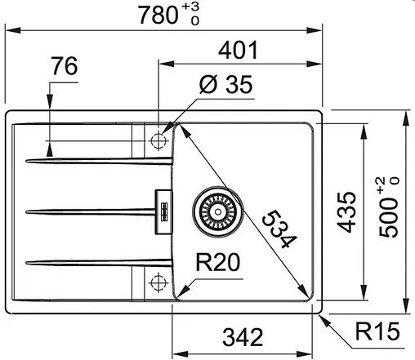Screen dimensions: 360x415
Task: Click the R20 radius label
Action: [x=217, y=263]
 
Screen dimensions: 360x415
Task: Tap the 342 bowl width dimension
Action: [x=243, y=336]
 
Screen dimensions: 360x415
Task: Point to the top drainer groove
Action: [x=98, y=160]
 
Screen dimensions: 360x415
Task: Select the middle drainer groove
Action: [x=90, y=211]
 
